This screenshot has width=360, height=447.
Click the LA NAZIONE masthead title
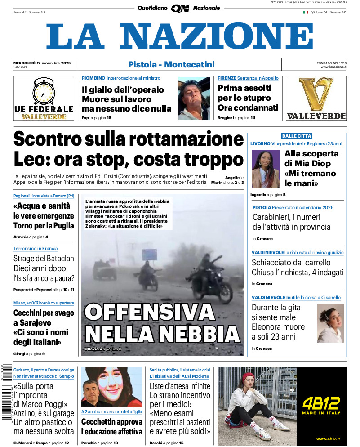(179, 37)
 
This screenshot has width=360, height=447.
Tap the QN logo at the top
(180, 8)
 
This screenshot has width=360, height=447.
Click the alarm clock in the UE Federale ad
(44, 92)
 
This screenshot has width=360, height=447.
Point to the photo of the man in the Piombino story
(194, 98)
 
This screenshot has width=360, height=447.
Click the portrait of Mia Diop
(266, 169)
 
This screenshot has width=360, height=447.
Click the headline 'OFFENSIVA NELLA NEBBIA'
(162, 323)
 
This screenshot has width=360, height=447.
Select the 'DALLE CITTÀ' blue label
(297, 136)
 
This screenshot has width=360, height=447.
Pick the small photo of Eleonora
(330, 323)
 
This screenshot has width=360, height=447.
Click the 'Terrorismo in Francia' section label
(36, 248)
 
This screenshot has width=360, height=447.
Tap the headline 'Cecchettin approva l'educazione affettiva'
(111, 427)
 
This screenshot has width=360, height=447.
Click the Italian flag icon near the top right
(305, 12)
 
